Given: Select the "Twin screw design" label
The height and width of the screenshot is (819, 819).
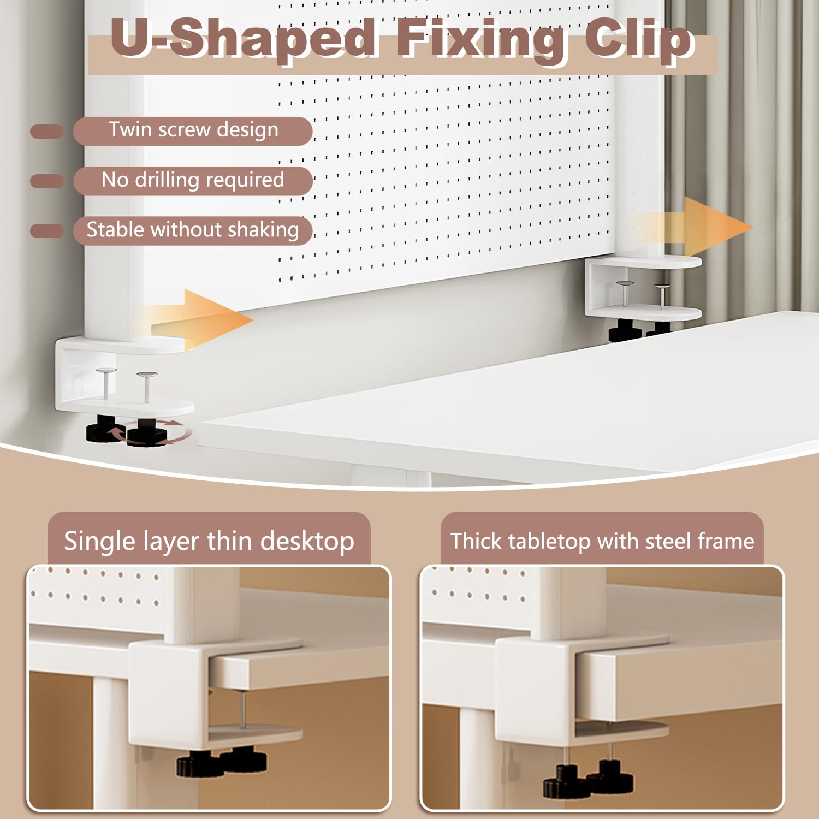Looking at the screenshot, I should click(x=193, y=130).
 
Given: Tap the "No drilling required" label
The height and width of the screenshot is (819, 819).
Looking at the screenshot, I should click(x=193, y=180).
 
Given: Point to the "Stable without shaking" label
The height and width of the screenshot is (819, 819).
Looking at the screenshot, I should click(x=193, y=230).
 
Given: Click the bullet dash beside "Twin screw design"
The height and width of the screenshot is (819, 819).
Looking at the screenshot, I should click(x=47, y=132).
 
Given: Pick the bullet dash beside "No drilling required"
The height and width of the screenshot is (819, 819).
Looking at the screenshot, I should click(x=47, y=181).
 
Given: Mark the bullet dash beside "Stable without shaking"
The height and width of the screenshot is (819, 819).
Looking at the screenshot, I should click(x=47, y=230).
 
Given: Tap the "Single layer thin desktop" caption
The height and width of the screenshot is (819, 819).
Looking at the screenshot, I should click(x=209, y=541).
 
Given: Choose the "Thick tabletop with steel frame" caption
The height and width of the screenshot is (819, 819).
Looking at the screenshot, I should click(x=602, y=541).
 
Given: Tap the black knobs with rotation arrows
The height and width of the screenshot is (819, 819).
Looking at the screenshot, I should click(x=128, y=431).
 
